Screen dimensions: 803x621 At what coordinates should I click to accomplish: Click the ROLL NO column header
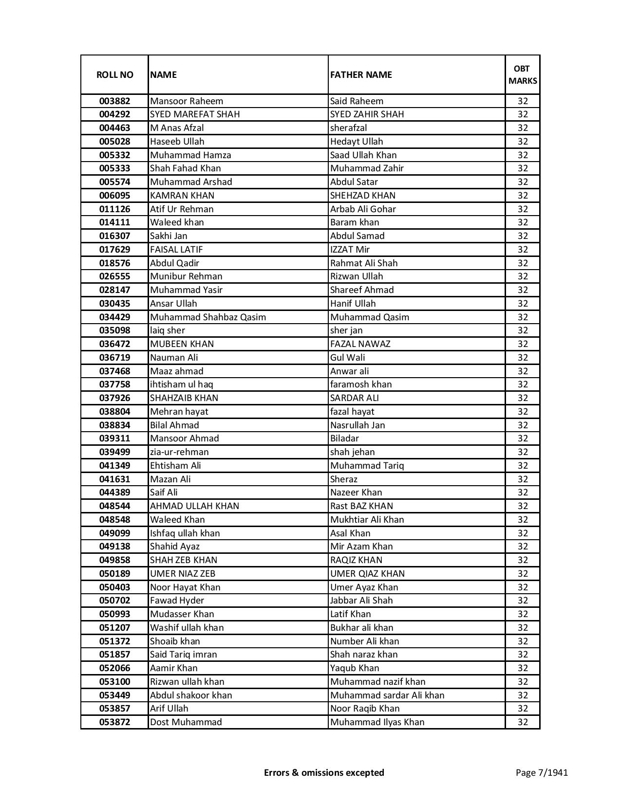pyautogui.click(x=114, y=74)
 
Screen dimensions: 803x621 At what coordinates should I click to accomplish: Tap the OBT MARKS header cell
pyautogui.click(x=523, y=74)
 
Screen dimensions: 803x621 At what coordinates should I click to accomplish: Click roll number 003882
pyautogui.click(x=114, y=101)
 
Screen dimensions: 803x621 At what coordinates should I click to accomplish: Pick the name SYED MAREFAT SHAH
pyautogui.click(x=195, y=114)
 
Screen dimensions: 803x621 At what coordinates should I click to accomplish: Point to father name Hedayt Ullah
pyautogui.click(x=357, y=142)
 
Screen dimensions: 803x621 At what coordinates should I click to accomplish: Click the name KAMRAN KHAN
pyautogui.click(x=182, y=196)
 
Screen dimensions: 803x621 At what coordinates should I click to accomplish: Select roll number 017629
pyautogui.click(x=114, y=250)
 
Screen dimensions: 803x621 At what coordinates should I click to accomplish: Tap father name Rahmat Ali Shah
pyautogui.click(x=364, y=263)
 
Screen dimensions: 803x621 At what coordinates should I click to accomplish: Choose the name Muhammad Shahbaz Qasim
pyautogui.click(x=208, y=317)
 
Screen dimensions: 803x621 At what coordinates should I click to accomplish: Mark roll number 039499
pyautogui.click(x=114, y=452)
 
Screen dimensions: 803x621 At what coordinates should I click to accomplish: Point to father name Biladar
pyautogui.click(x=344, y=438)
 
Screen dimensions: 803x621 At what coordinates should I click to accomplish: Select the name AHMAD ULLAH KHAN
pyautogui.click(x=194, y=506)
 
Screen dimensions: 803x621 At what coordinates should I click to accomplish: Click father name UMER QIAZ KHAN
pyautogui.click(x=367, y=574)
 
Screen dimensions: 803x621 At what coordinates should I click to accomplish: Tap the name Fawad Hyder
pyautogui.click(x=177, y=601)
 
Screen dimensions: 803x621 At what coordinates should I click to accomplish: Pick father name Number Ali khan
pyautogui.click(x=364, y=641)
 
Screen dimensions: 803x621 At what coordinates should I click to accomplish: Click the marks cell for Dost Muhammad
pyautogui.click(x=523, y=722)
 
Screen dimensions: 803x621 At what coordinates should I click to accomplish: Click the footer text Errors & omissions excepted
pyautogui.click(x=324, y=772)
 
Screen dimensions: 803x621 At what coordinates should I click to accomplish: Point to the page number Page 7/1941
pyautogui.click(x=542, y=772)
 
